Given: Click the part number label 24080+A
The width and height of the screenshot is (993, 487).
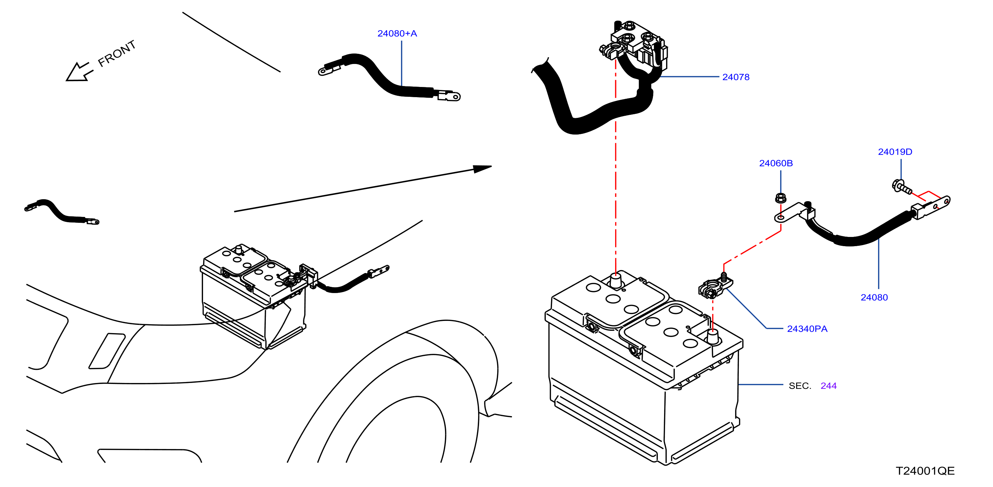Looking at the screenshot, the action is (x=397, y=33).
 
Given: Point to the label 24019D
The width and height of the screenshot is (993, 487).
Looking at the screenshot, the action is (x=895, y=152).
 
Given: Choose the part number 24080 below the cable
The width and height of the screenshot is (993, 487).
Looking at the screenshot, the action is (x=874, y=297).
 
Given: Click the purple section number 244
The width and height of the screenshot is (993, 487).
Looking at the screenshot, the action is (x=828, y=386).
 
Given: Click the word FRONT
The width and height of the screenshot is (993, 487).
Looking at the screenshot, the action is (x=116, y=53).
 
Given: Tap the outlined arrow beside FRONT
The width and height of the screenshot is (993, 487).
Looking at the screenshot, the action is (x=79, y=72).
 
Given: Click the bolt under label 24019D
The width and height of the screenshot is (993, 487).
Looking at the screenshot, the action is (x=902, y=186).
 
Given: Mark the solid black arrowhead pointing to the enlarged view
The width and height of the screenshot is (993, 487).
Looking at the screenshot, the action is (x=482, y=169).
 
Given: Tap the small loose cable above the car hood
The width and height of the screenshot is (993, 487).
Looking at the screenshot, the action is (x=62, y=211).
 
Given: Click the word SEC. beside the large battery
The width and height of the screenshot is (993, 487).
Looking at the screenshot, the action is (x=800, y=386).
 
